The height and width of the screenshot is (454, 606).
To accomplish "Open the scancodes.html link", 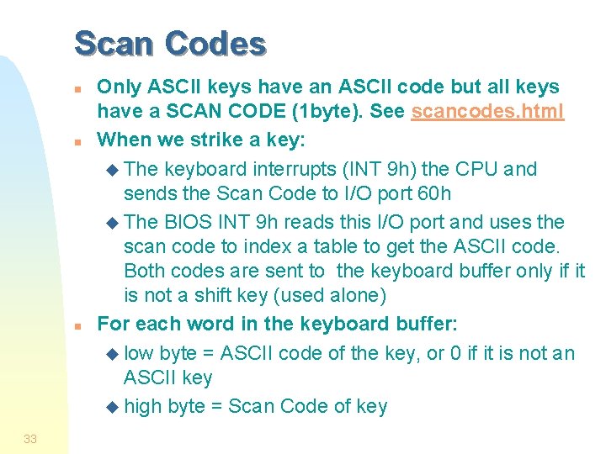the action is click(x=487, y=111).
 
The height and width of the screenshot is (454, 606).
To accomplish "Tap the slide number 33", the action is click(x=30, y=438).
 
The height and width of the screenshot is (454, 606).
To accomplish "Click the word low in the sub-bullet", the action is click(x=138, y=353).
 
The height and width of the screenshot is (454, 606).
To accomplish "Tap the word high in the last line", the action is click(x=142, y=407).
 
